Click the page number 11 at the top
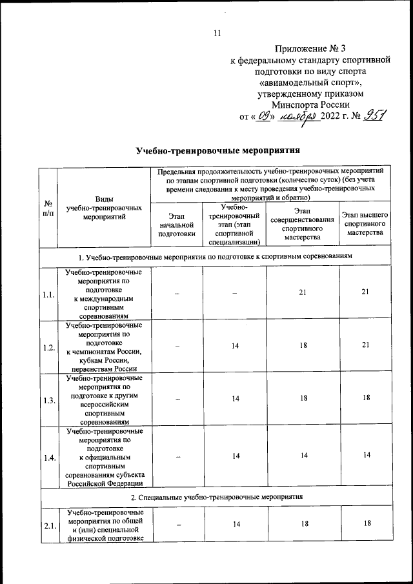(217, 34)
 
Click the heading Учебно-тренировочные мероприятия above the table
(218, 151)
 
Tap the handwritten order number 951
(374, 116)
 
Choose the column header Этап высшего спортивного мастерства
(365, 224)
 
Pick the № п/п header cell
(48, 210)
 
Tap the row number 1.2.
(48, 347)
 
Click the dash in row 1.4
(176, 456)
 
